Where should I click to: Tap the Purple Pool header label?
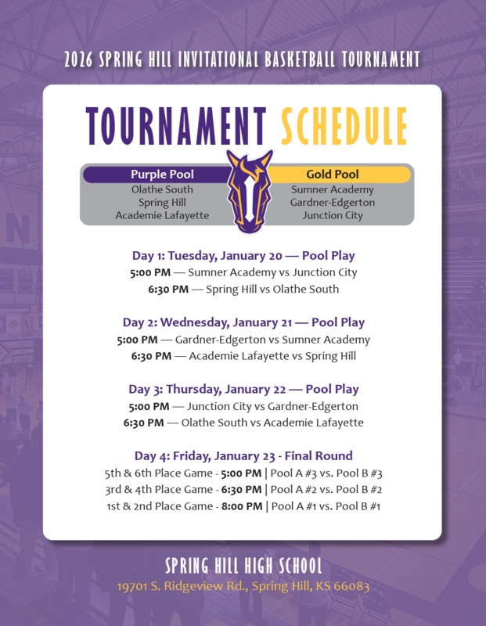tap(162, 174)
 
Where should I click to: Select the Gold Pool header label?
tap(332, 174)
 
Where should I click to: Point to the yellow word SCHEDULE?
tap(344, 127)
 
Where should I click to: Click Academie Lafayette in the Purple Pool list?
tap(162, 215)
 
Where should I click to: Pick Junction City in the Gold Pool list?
tap(333, 215)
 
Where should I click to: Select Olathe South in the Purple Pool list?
tap(162, 189)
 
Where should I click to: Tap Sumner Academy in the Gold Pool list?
tap(333, 189)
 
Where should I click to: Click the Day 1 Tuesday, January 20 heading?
tap(243, 255)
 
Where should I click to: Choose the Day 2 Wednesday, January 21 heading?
tap(243, 322)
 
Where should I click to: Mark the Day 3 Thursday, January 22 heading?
tap(243, 389)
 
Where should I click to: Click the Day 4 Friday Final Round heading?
tap(243, 455)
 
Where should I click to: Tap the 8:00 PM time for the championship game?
tap(242, 506)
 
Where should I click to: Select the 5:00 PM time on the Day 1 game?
tap(149, 272)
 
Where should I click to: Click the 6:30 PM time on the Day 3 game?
tap(143, 423)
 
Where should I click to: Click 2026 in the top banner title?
tap(80, 59)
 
